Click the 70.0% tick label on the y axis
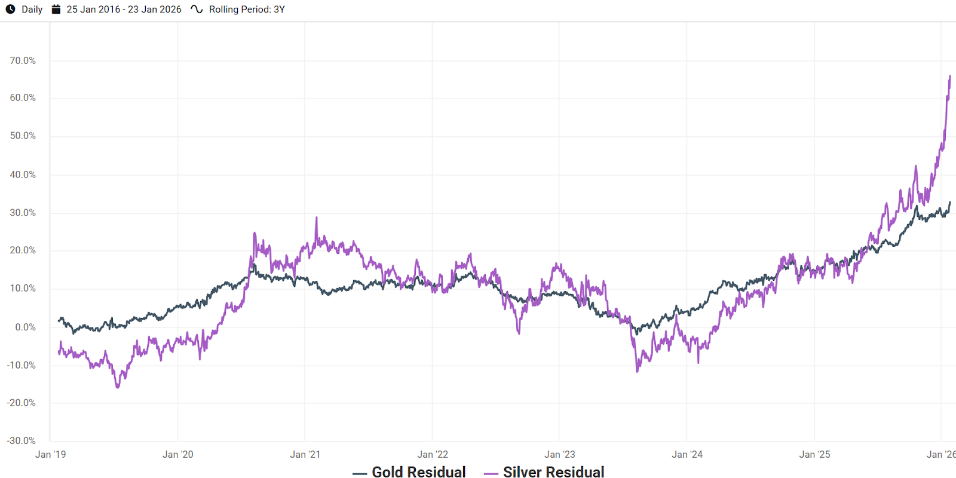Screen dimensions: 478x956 [x=23, y=60]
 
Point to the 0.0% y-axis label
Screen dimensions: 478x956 [x=25, y=327]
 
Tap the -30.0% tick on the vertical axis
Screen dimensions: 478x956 [x=22, y=440]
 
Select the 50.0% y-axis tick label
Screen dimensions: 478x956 [x=23, y=136]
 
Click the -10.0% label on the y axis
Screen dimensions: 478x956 [x=22, y=365]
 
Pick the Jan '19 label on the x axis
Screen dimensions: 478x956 [x=51, y=454]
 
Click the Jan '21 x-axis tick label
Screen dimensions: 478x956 [x=305, y=454]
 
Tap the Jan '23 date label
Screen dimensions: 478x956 [x=560, y=454]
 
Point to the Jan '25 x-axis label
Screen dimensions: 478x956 [x=814, y=454]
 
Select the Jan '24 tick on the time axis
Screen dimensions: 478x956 [x=687, y=454]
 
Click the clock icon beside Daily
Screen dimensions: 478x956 [x=10, y=9]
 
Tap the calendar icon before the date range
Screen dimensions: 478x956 [x=56, y=9]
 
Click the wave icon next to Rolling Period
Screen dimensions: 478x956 [x=197, y=9]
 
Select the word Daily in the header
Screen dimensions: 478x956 [x=32, y=10]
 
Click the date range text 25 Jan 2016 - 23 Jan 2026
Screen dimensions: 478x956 [x=124, y=10]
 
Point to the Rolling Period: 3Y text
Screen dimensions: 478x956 [x=247, y=10]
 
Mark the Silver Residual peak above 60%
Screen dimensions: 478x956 [x=950, y=76]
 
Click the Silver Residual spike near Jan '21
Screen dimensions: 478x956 [x=316, y=218]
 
